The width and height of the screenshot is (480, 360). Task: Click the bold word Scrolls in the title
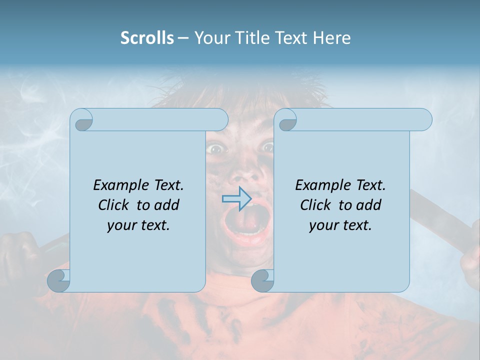coord(147,38)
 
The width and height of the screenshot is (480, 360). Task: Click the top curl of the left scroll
coord(82,120)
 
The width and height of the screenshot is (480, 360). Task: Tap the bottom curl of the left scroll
coord(58,280)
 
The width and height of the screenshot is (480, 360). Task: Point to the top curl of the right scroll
coord(287,120)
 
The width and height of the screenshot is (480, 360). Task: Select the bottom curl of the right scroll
coord(262,280)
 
